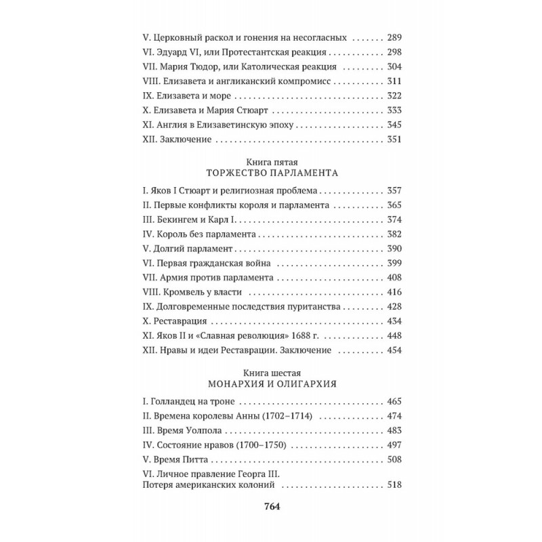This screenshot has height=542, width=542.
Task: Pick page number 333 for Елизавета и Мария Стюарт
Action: [x=393, y=110]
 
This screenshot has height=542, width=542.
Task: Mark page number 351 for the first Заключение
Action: [x=393, y=140]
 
